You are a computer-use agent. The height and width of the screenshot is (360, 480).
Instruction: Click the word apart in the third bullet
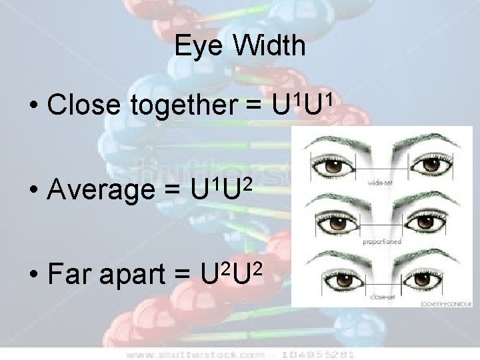click(136, 275)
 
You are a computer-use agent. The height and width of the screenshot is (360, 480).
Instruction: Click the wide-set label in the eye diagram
click(378, 181)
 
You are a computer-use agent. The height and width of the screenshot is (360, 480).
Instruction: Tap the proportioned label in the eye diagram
click(381, 242)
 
